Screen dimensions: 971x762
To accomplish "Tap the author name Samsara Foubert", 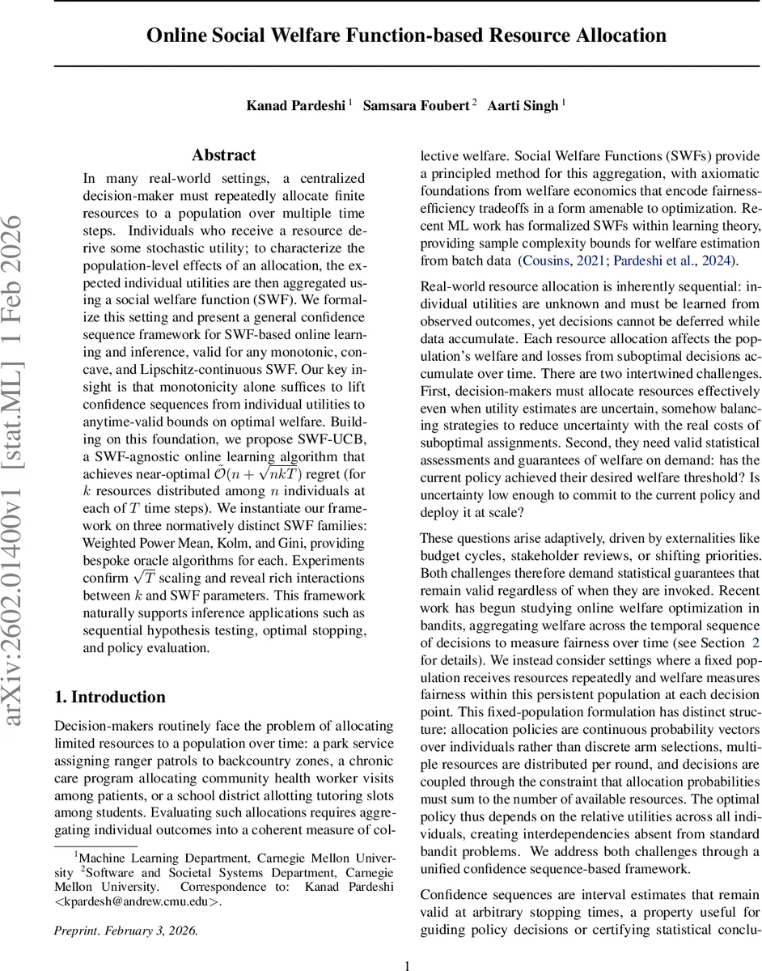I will [416, 105].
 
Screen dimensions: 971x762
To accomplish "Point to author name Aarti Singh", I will [522, 105].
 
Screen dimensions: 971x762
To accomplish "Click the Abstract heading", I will [224, 155].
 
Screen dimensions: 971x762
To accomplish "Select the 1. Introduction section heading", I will [109, 697].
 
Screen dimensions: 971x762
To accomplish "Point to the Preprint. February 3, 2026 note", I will [125, 931].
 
